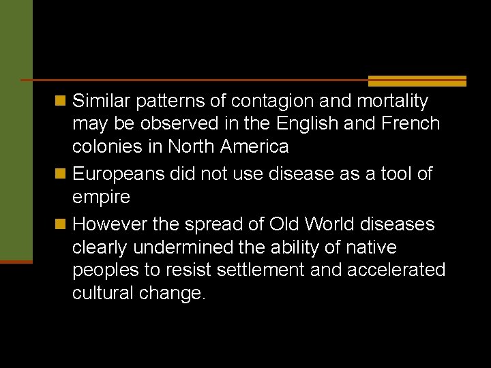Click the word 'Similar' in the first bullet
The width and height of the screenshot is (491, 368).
point(102,102)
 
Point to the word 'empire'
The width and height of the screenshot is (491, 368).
point(101,197)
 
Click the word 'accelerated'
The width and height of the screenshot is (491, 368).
point(396,270)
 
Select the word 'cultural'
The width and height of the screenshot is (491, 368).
point(103,293)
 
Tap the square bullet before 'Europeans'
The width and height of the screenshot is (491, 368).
point(61,174)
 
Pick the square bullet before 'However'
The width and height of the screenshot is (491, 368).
point(61,224)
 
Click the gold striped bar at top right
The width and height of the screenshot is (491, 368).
point(417,80)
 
